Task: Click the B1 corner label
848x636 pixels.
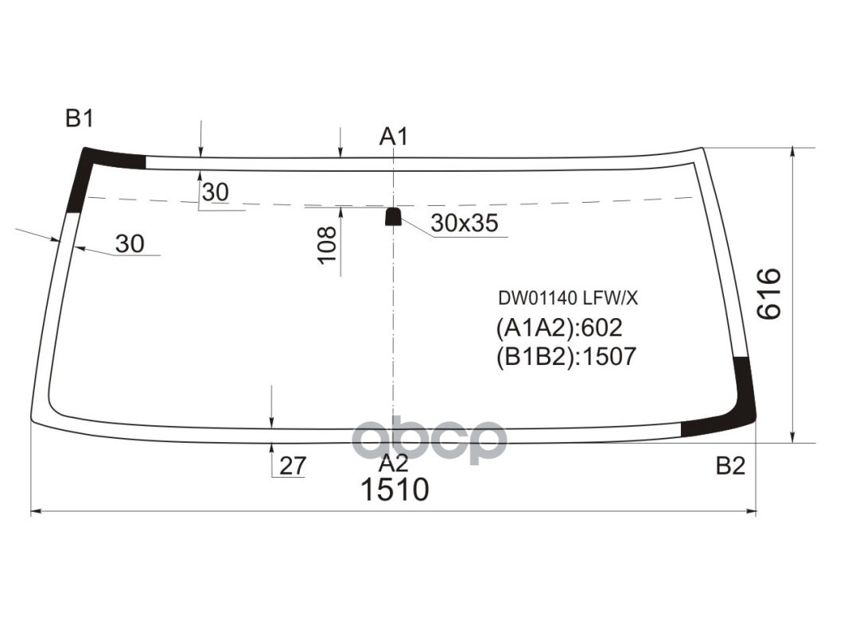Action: [x=80, y=119]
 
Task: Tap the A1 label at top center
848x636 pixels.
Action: [x=393, y=137]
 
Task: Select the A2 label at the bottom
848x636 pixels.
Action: [x=393, y=464]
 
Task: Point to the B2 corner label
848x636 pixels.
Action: [x=729, y=466]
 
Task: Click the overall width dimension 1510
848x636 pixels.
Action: [x=395, y=490]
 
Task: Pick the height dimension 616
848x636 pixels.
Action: [x=769, y=294]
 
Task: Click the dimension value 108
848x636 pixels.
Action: [x=327, y=246]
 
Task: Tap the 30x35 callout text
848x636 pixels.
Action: [x=464, y=224]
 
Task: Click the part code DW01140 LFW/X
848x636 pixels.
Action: [x=568, y=299]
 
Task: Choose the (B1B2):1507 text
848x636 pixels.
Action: [x=566, y=356]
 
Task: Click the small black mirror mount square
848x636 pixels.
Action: [x=393, y=216]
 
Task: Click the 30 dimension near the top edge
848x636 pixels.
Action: [x=215, y=192]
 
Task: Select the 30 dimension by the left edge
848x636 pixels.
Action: [x=130, y=244]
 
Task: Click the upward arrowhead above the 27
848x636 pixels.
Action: [x=272, y=448]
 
